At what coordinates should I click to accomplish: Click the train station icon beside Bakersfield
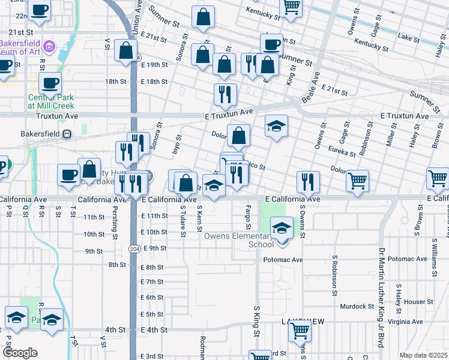point(67,133)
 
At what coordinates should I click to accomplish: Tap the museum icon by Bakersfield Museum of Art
point(51,46)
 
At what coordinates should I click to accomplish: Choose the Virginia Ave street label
point(406,322)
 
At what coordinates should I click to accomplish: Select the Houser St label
point(418,302)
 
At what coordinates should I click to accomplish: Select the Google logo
point(20,353)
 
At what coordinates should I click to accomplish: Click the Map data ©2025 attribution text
point(423,355)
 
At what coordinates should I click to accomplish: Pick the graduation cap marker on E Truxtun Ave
point(277,127)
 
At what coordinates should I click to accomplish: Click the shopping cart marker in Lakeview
point(300,330)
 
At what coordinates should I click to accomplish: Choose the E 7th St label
point(152,282)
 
